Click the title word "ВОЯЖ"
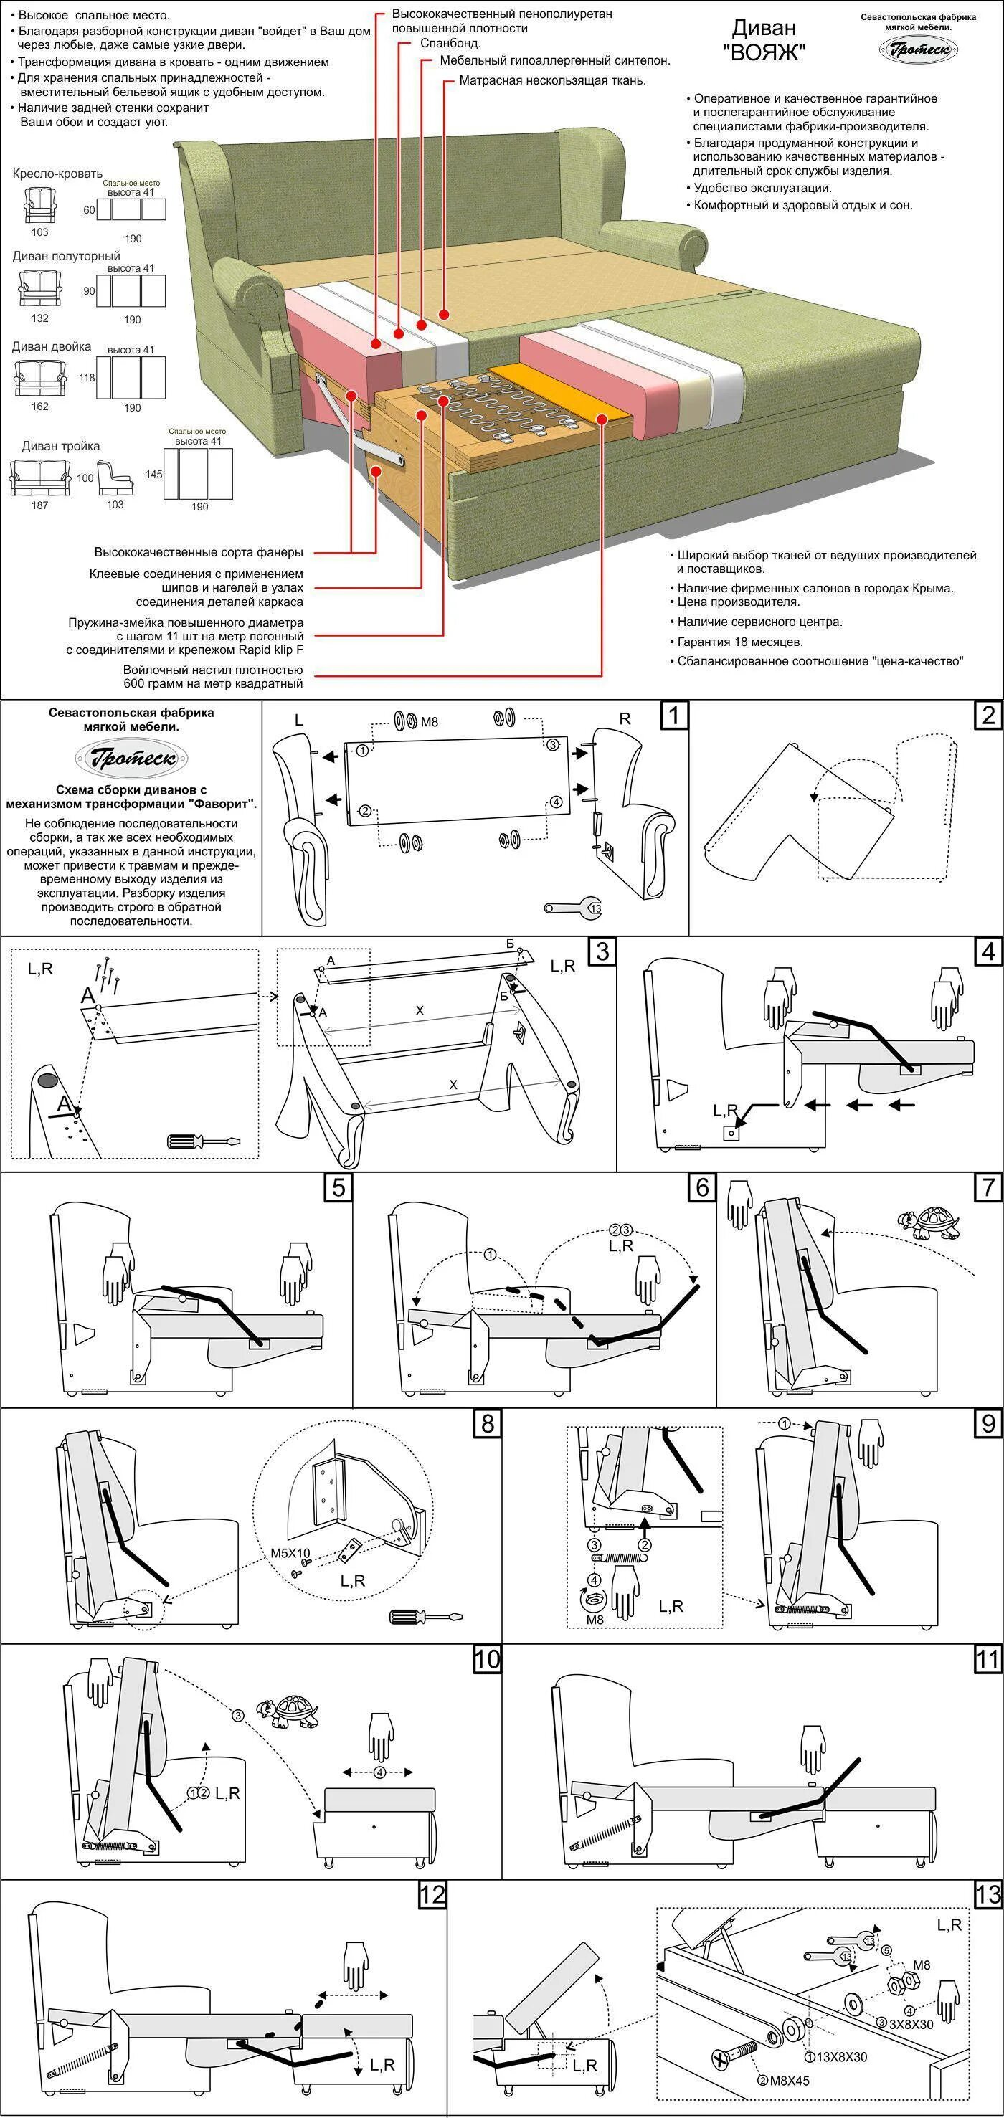[x=764, y=52]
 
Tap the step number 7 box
[x=988, y=1187]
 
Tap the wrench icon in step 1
[x=573, y=908]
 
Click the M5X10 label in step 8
[x=290, y=1554]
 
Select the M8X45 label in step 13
[x=784, y=2080]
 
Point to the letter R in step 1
[x=625, y=718]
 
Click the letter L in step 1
[x=298, y=719]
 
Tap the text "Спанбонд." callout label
[x=450, y=44]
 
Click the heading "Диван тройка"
[x=61, y=447]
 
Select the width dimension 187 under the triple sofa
[x=39, y=505]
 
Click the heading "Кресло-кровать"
[x=57, y=174]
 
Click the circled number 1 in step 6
[x=490, y=1255]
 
